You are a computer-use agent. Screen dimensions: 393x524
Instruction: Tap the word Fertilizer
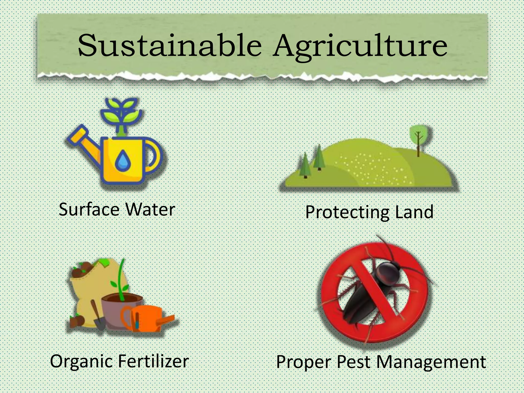pyautogui.click(x=154, y=361)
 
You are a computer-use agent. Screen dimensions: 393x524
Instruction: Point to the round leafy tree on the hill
pyautogui.click(x=419, y=136)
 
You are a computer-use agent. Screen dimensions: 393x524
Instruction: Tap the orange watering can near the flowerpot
pyautogui.click(x=145, y=319)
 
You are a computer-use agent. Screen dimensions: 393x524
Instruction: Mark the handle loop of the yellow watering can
pyautogui.click(x=155, y=156)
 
